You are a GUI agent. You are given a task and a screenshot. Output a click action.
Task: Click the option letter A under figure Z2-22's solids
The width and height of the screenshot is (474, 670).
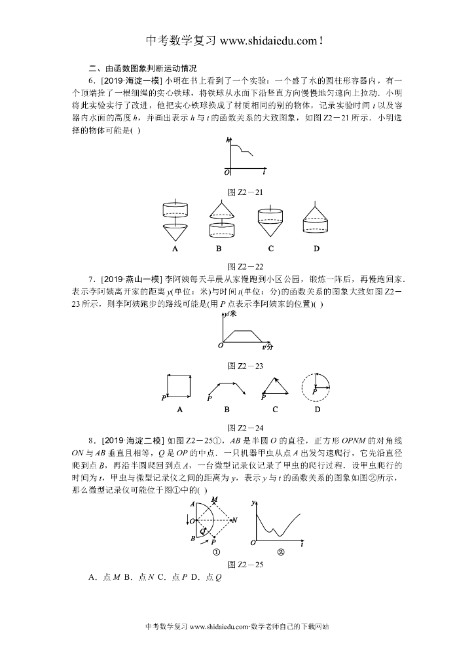[x=175, y=249]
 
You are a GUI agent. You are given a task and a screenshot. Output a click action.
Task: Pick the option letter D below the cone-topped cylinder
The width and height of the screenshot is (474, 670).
[x=316, y=249]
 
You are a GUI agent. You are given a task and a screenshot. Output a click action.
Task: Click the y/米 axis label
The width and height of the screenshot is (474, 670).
[x=230, y=314]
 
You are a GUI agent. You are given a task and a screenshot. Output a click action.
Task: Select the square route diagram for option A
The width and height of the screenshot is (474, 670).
[x=179, y=385]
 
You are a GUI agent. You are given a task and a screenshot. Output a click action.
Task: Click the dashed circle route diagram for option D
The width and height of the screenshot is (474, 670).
[x=316, y=386]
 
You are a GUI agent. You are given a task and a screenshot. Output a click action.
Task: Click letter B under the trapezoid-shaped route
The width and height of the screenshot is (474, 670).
[x=227, y=410]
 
